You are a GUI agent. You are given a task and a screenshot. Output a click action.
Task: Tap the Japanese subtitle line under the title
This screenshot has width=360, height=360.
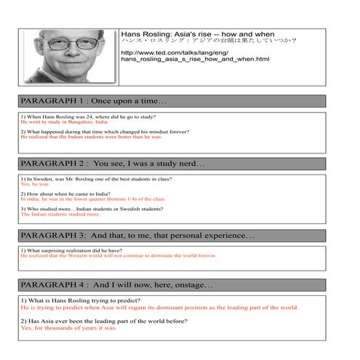coord(209,41)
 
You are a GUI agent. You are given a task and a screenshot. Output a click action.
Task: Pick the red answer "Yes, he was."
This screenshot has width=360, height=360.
coord(36,184)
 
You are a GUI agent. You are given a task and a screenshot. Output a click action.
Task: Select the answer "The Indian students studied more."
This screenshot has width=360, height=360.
coord(60,215)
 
